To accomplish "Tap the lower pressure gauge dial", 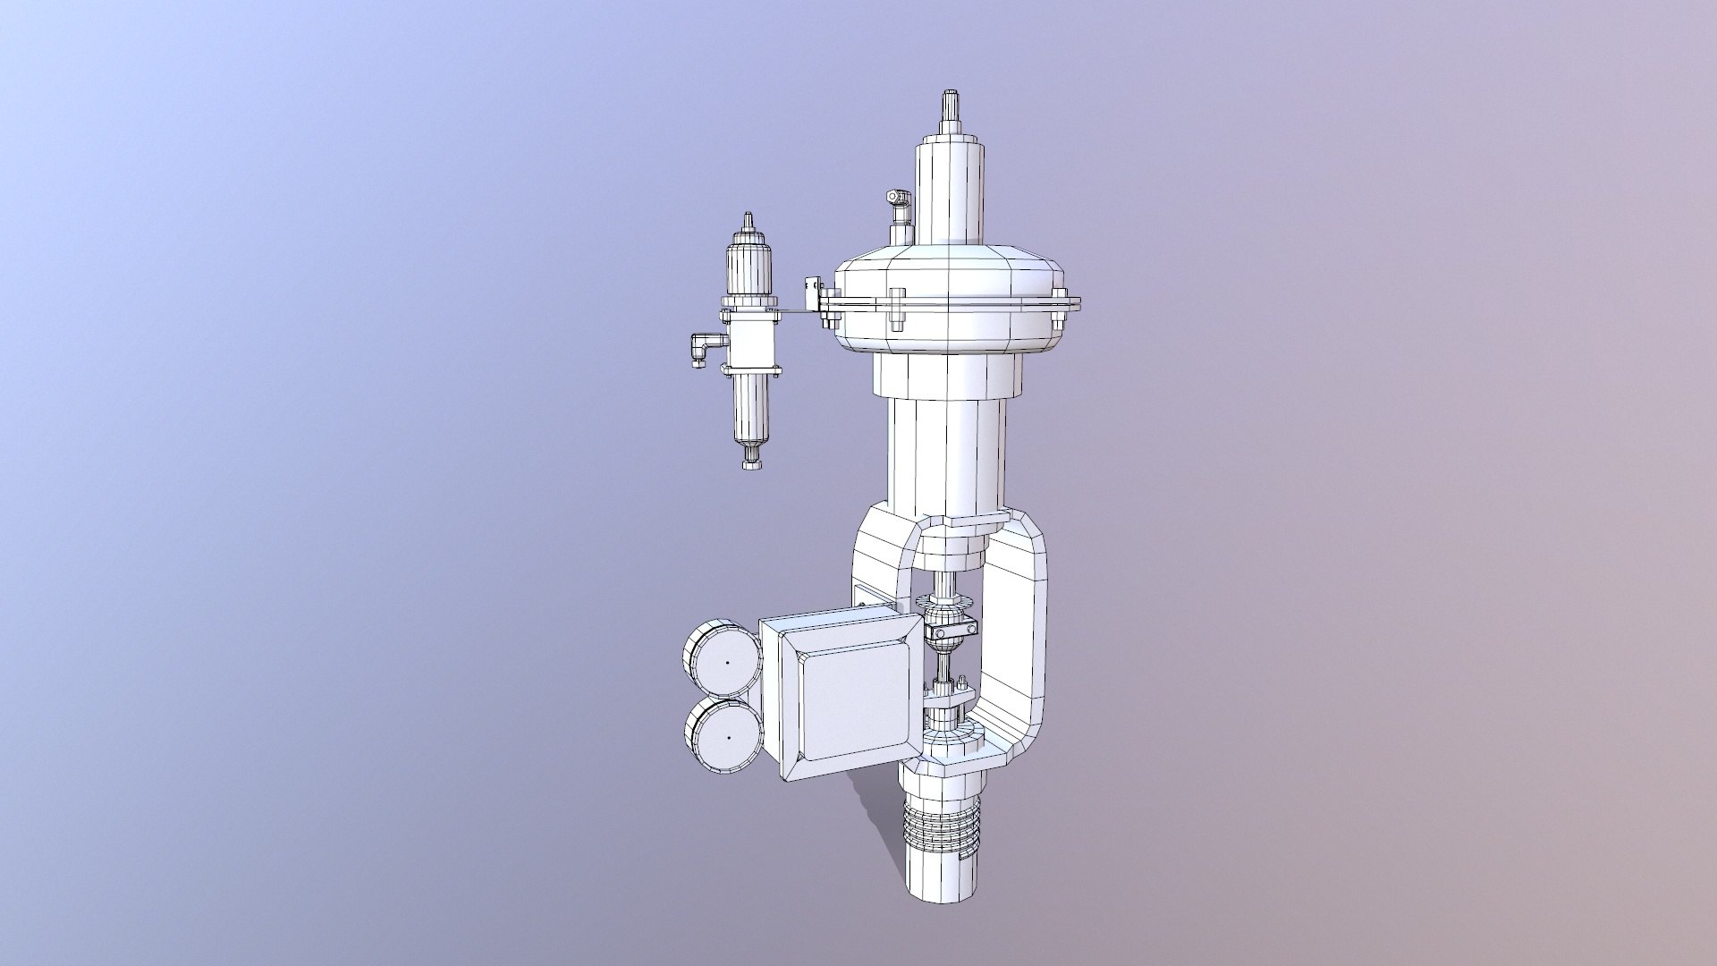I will (x=723, y=736).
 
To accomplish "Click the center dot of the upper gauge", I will (x=727, y=663).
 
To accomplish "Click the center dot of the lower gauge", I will (x=728, y=737).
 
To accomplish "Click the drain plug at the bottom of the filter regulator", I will (x=750, y=460).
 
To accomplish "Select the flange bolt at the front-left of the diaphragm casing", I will (x=897, y=309).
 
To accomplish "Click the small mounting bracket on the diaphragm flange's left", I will (x=814, y=291).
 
